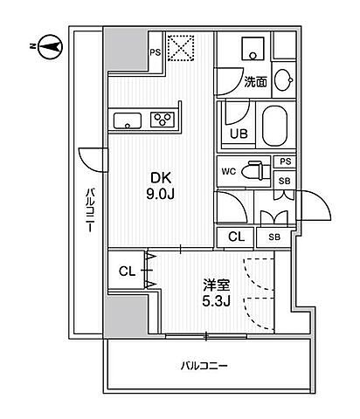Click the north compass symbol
[x=51, y=46]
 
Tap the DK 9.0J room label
[x=160, y=186]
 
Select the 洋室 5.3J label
[x=217, y=292]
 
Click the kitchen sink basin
[x=128, y=120]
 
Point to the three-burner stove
[x=163, y=120]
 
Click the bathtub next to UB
[x=274, y=125]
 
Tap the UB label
[x=239, y=134]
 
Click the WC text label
[x=228, y=172]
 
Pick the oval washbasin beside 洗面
[x=283, y=79]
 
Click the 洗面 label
[x=255, y=82]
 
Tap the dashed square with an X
[x=181, y=48]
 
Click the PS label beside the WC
[x=286, y=161]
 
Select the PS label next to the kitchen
[x=156, y=52]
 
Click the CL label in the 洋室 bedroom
[x=127, y=271]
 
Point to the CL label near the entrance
[x=236, y=237]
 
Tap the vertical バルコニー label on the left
[x=90, y=210]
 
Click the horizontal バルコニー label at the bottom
[x=204, y=366]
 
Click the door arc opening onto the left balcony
[x=87, y=164]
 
